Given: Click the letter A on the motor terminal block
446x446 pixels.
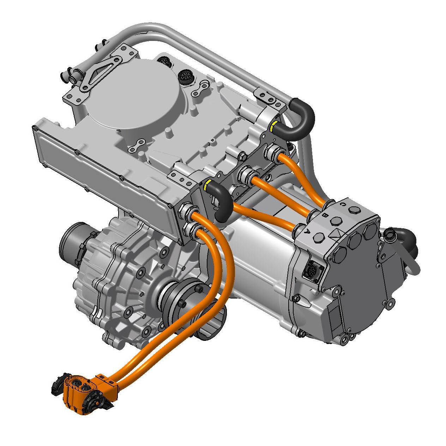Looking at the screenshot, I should tap(307, 231).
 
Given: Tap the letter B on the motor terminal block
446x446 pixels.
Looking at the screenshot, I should tap(326, 214).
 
